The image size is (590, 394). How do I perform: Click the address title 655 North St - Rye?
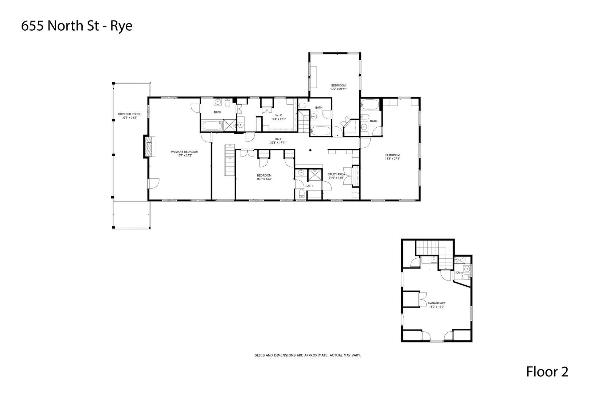point(77,26)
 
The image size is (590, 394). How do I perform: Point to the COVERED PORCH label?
point(129,114)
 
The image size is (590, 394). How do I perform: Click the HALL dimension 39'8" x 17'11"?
point(278,143)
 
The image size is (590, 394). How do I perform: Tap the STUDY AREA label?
point(336,174)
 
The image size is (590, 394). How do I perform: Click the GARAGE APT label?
point(437,303)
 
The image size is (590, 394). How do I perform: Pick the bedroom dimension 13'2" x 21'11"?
point(338,89)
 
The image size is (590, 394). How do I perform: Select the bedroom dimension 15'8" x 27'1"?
point(392,159)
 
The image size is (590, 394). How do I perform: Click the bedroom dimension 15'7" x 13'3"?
point(264,179)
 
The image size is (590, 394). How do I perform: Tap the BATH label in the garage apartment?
point(459,273)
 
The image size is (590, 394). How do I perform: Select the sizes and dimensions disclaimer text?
point(307,355)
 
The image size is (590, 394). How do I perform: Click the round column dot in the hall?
point(310,150)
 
